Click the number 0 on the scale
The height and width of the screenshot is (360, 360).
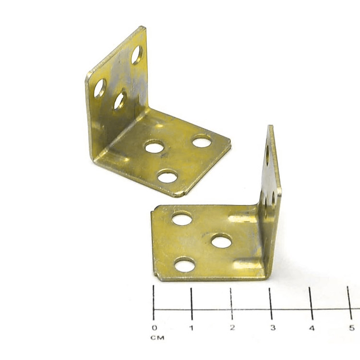(x=155, y=328)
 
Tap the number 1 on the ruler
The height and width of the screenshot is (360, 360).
(x=191, y=328)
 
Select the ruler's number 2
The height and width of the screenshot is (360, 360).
(x=232, y=328)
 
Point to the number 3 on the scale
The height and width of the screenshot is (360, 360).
(x=273, y=328)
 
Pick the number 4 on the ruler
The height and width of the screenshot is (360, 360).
(x=312, y=328)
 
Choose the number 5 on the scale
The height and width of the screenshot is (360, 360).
(x=352, y=328)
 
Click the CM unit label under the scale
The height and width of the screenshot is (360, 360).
(x=157, y=338)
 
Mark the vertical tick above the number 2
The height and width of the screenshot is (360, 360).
(x=231, y=303)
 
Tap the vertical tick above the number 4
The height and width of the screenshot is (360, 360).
(x=311, y=303)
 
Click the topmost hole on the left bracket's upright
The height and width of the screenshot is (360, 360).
(x=137, y=55)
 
